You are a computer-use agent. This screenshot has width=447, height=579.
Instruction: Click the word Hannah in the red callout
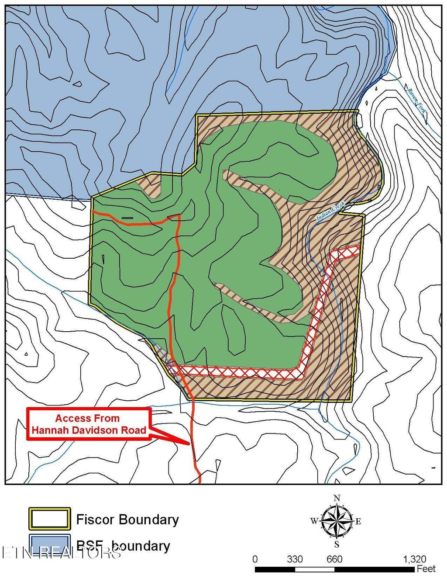tap(47, 430)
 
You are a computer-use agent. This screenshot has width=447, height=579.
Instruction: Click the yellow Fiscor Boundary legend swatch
tap(49, 519)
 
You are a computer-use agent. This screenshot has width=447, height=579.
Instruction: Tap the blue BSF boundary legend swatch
tap(49, 544)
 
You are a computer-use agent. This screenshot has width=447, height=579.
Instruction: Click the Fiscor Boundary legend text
tap(127, 520)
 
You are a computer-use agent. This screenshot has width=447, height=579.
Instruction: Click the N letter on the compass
tap(337, 498)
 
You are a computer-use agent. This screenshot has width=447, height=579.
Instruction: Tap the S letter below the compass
tap(337, 544)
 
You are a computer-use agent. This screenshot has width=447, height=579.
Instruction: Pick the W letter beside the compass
tap(314, 521)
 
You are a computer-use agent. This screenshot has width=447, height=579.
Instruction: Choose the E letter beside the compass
tap(358, 521)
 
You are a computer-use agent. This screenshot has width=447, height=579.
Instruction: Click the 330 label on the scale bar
tap(295, 559)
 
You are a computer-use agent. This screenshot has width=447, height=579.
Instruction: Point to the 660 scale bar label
tap(334, 559)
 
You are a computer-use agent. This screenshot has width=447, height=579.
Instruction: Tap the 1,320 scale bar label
tap(414, 559)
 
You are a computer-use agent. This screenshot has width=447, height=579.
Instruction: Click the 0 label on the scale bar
tap(255, 559)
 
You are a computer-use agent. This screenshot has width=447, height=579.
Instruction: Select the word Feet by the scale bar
tap(426, 569)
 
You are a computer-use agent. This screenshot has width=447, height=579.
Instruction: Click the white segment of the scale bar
tap(315, 569)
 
